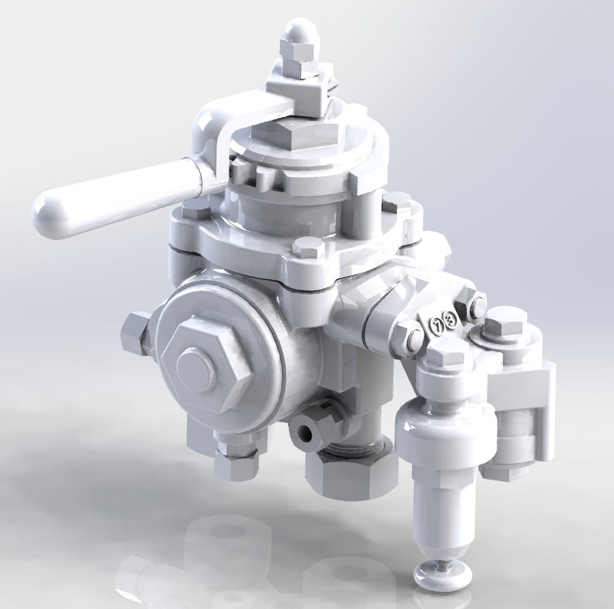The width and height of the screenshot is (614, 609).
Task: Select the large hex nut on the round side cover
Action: [x=206, y=367]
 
